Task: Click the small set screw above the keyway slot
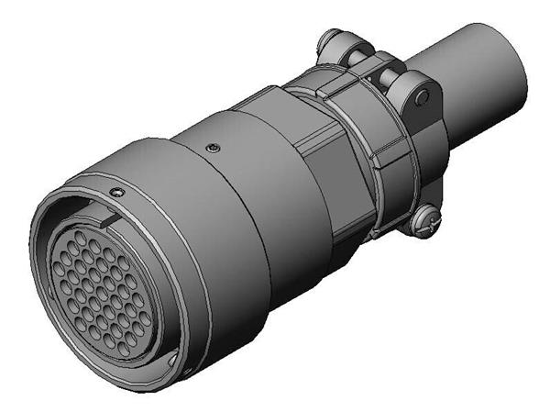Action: point(116,190)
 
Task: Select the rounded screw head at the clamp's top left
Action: point(333,41)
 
